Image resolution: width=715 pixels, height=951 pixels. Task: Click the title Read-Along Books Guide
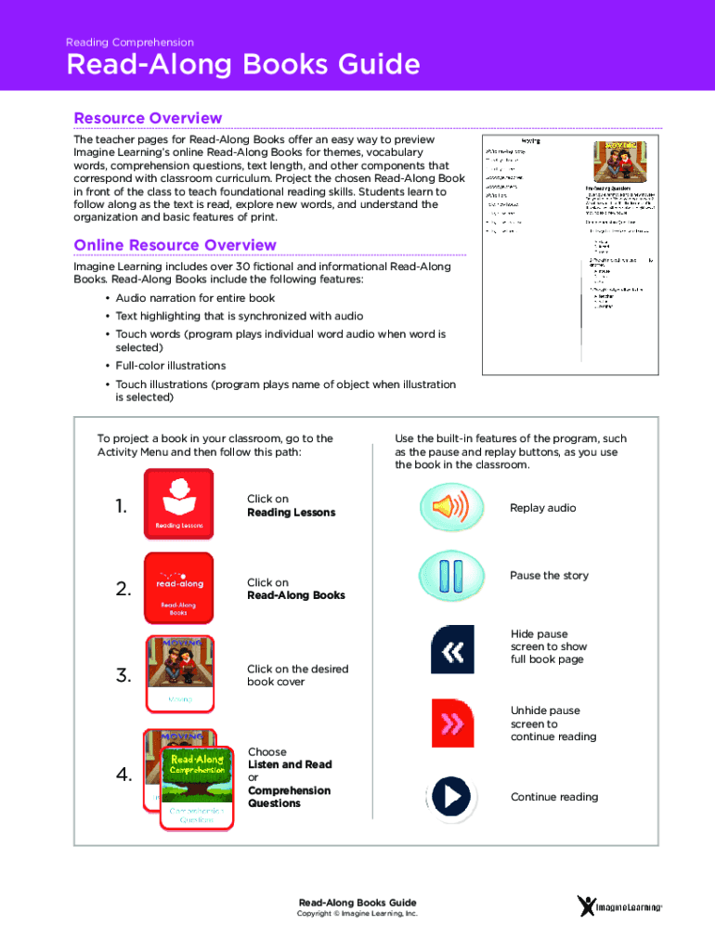coord(242,66)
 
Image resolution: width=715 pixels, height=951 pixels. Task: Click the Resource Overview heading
coord(148,118)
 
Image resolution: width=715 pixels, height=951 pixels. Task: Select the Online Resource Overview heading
coord(175,245)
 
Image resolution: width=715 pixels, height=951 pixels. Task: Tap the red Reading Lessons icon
coord(178,504)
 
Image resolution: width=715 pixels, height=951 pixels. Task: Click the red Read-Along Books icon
coord(178,587)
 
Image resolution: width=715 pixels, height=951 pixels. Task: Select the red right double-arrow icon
coord(452,723)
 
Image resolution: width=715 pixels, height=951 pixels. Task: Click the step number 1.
coord(121,506)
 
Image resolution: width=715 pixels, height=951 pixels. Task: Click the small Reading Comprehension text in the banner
coord(130,43)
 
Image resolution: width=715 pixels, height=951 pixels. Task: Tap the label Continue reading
coord(553,797)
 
